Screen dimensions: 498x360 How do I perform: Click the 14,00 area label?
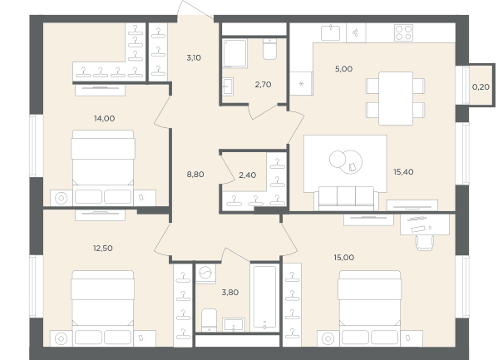(x=104, y=119)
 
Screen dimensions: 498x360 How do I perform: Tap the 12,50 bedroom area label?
(x=102, y=248)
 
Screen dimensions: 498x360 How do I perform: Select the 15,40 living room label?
(x=403, y=172)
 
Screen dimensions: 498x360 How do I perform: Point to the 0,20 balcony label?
(x=481, y=86)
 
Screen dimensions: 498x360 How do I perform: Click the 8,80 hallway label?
(x=195, y=175)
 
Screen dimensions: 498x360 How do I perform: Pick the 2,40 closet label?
(x=248, y=175)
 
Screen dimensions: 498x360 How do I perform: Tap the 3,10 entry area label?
(x=194, y=58)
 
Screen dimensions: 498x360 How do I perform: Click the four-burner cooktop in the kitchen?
(x=404, y=32)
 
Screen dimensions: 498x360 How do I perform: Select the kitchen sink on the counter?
(x=330, y=33)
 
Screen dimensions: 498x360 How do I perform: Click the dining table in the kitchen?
(x=396, y=98)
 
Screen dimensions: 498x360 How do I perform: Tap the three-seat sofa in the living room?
(x=346, y=199)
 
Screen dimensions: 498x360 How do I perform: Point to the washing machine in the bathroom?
(x=205, y=274)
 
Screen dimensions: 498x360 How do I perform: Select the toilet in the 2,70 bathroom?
(x=269, y=49)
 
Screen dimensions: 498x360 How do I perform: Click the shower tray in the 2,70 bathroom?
(x=234, y=53)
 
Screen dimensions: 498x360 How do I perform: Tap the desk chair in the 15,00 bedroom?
(x=425, y=243)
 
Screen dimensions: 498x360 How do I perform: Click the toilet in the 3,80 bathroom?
(x=209, y=320)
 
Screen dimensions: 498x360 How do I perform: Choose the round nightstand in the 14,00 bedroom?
(x=62, y=198)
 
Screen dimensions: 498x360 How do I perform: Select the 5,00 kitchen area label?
(x=343, y=69)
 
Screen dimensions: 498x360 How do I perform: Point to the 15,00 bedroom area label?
(x=344, y=258)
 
